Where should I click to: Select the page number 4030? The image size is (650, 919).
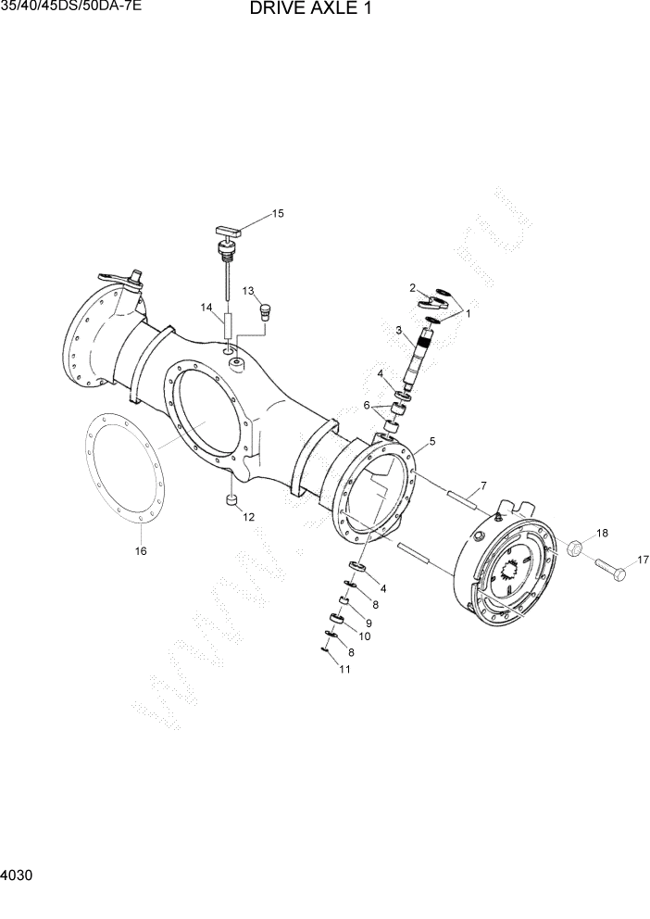[x=19, y=875]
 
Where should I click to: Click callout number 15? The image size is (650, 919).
[x=278, y=214]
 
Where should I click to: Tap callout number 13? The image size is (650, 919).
[x=249, y=291]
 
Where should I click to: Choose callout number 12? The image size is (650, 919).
[x=249, y=517]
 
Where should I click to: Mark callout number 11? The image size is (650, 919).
[x=344, y=670]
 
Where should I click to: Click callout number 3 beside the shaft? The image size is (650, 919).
[x=399, y=330]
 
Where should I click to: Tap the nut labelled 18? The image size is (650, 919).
[x=573, y=548]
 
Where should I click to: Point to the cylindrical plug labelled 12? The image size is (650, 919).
[x=231, y=502]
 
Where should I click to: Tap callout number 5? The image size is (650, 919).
[x=431, y=441]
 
